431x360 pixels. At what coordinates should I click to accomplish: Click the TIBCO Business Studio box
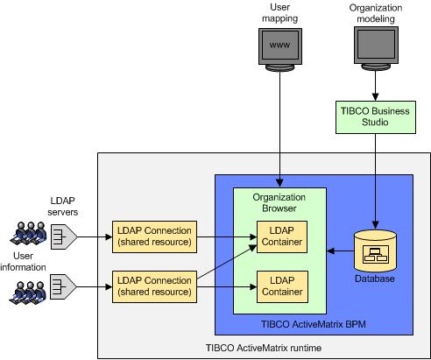[376, 117]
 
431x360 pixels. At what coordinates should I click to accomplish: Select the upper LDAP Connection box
[154, 236]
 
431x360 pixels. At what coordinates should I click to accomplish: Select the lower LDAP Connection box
[154, 286]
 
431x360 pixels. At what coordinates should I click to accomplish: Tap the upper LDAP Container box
[282, 236]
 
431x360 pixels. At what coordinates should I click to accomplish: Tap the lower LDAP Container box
[282, 286]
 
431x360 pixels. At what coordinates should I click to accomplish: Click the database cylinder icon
[375, 251]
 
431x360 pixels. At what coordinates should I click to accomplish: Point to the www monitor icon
[280, 50]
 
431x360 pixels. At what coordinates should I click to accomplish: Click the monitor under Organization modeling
[376, 49]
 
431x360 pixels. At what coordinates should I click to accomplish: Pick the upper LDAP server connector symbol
[64, 236]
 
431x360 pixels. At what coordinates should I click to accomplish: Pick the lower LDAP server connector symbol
[63, 286]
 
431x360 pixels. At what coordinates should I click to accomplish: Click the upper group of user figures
[28, 234]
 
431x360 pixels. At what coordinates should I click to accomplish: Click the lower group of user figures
[28, 293]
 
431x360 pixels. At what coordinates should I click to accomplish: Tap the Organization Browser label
[279, 202]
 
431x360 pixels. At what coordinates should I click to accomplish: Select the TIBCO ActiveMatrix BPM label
[314, 324]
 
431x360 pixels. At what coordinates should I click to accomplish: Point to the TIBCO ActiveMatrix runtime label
[264, 348]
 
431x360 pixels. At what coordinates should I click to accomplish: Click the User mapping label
[280, 12]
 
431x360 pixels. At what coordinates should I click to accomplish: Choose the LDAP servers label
[63, 207]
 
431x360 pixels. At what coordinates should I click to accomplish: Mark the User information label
[23, 262]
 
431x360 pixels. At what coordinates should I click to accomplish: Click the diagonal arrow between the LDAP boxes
[227, 263]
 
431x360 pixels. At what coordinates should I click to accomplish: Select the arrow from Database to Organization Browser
[341, 251]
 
